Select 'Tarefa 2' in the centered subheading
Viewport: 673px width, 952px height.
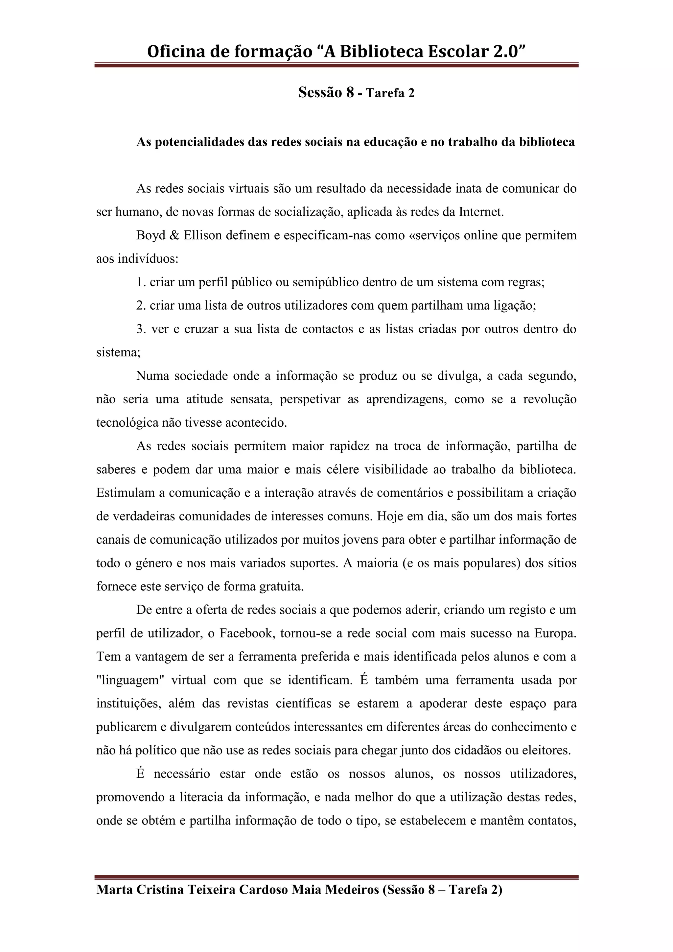pyautogui.click(x=390, y=93)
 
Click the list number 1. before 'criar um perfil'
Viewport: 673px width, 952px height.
pyautogui.click(x=141, y=282)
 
